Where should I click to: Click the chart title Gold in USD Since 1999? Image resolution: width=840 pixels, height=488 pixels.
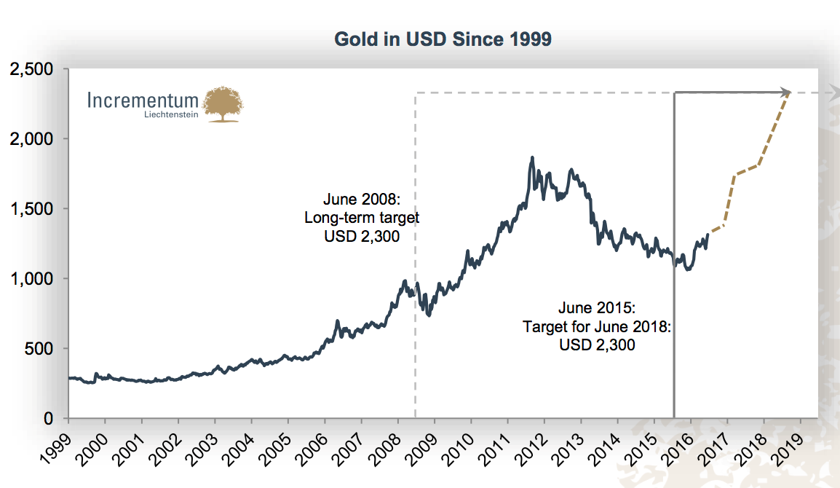point(443,39)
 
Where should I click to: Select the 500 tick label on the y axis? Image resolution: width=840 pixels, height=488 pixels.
point(41,349)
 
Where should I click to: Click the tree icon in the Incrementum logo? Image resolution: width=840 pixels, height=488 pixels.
point(223,104)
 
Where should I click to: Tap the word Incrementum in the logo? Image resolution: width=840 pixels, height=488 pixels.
point(143,100)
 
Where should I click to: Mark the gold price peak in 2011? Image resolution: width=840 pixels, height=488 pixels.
point(532,157)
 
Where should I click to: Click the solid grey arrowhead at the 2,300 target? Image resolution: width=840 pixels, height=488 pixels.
point(786,93)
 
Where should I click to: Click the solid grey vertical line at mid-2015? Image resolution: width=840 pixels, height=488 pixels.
point(674,255)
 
